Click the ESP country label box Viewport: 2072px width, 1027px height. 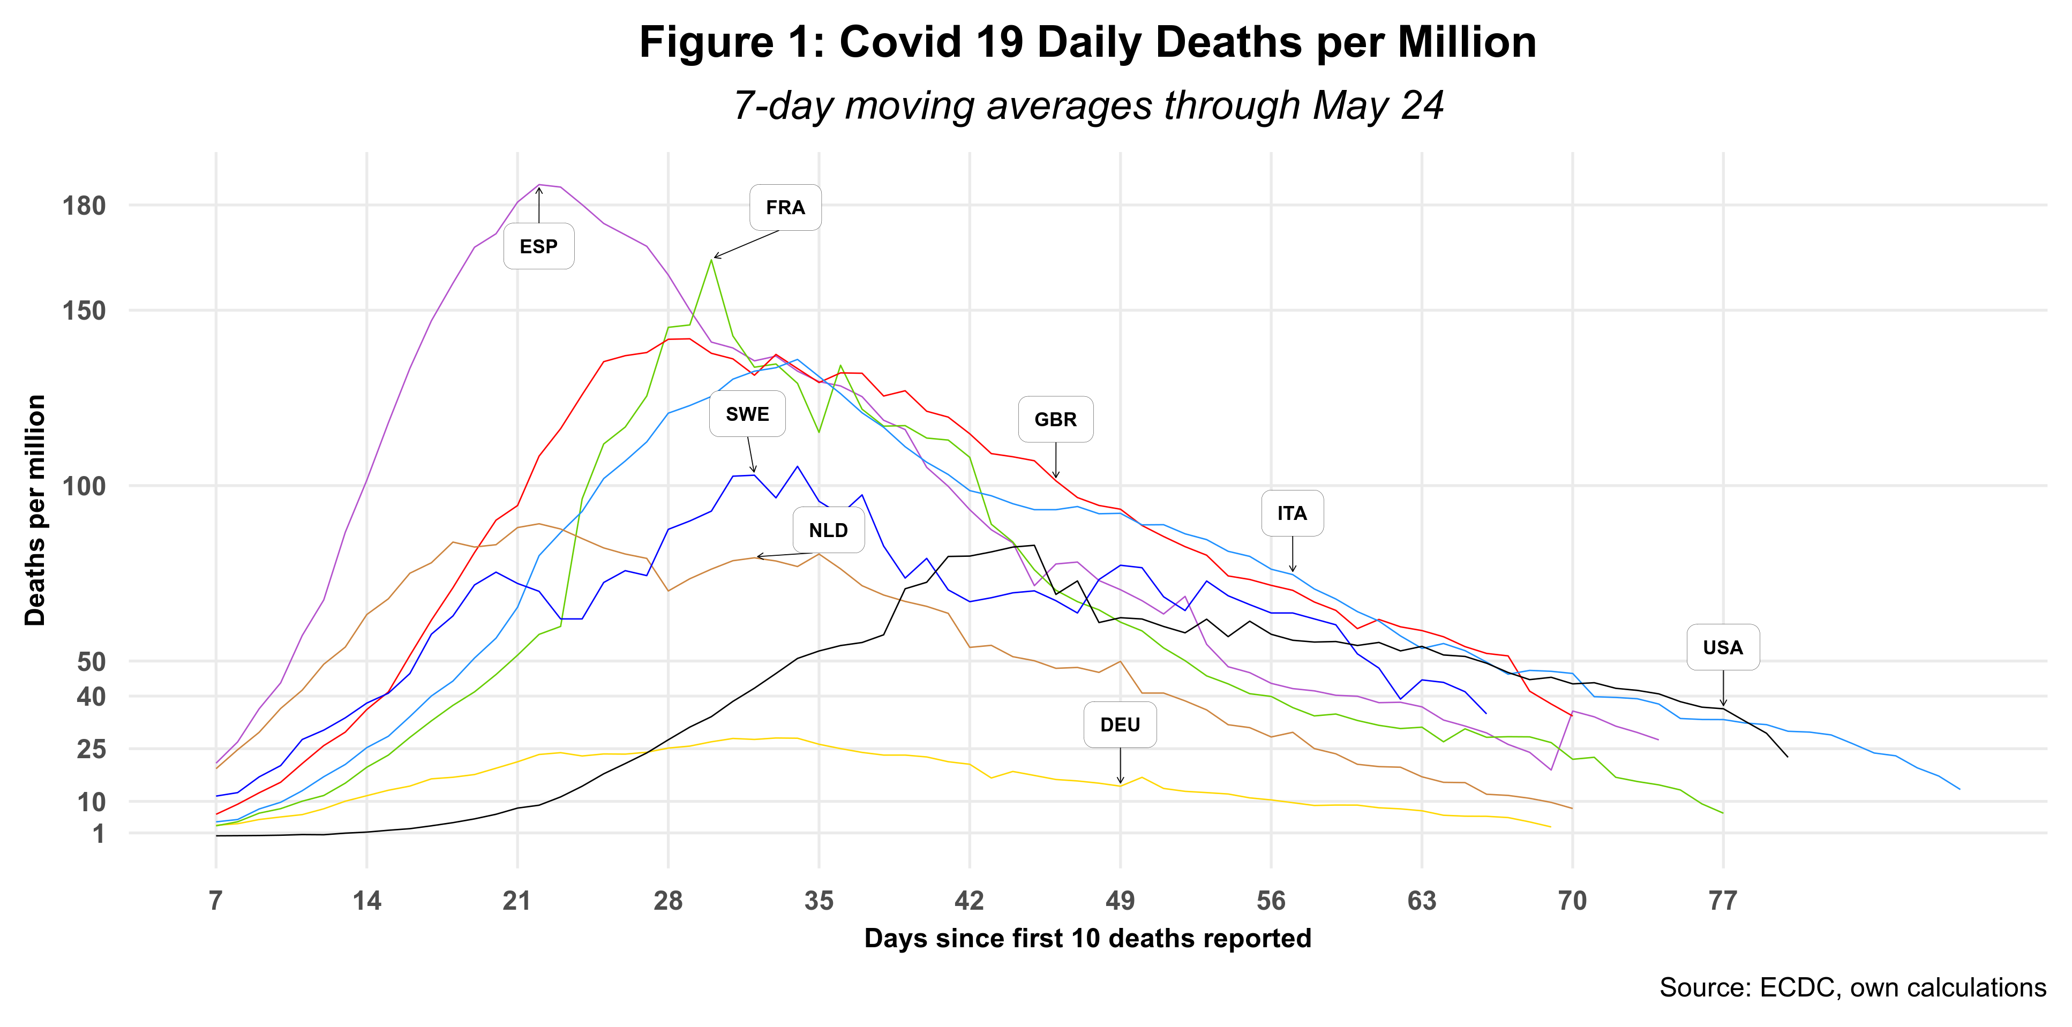pos(538,246)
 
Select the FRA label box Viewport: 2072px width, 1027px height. pos(785,208)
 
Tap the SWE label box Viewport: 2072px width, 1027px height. pos(747,414)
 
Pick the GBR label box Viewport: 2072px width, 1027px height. pos(1055,419)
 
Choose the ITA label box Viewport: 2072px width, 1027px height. pos(1292,513)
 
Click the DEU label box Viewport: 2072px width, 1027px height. pos(1120,724)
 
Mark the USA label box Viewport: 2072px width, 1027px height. pos(1723,647)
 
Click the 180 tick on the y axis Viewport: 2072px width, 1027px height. pos(85,206)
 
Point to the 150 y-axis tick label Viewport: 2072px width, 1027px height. pos(85,311)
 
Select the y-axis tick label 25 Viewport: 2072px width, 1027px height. pos(91,749)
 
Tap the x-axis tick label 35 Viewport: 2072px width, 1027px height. pos(819,901)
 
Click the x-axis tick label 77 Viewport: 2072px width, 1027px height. pos(1723,901)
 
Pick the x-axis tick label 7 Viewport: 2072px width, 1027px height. pos(215,901)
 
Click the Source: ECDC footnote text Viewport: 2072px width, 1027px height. pos(1852,987)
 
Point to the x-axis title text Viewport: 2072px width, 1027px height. pos(1087,939)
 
